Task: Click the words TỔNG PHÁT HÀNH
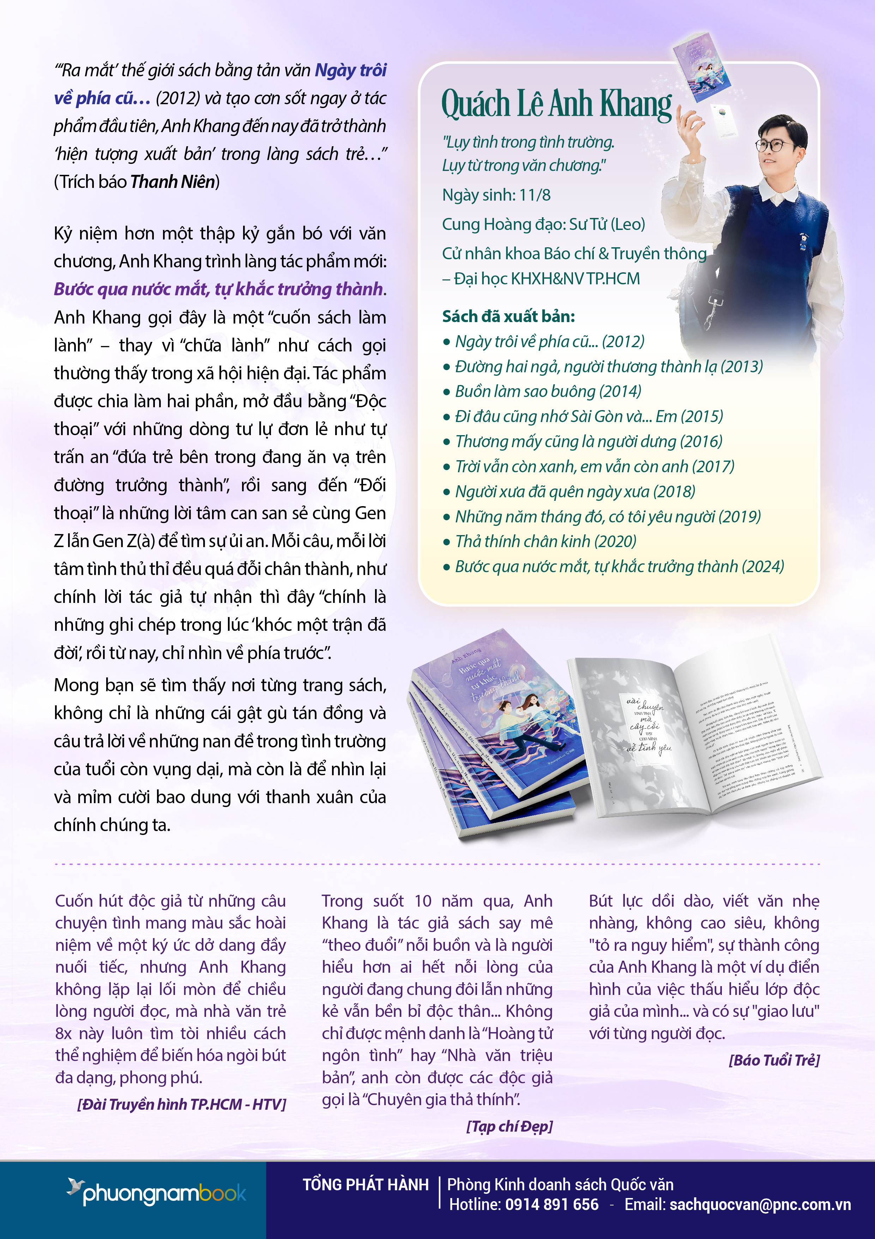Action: pos(366,1185)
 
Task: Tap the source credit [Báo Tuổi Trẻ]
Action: pos(774,1060)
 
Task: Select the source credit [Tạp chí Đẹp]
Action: pos(509,1126)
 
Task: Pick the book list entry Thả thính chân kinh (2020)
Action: pos(545,541)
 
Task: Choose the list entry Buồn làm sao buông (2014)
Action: pos(548,391)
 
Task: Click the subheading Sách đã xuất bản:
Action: pos(508,316)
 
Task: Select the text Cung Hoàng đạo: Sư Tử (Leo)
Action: pos(543,224)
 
